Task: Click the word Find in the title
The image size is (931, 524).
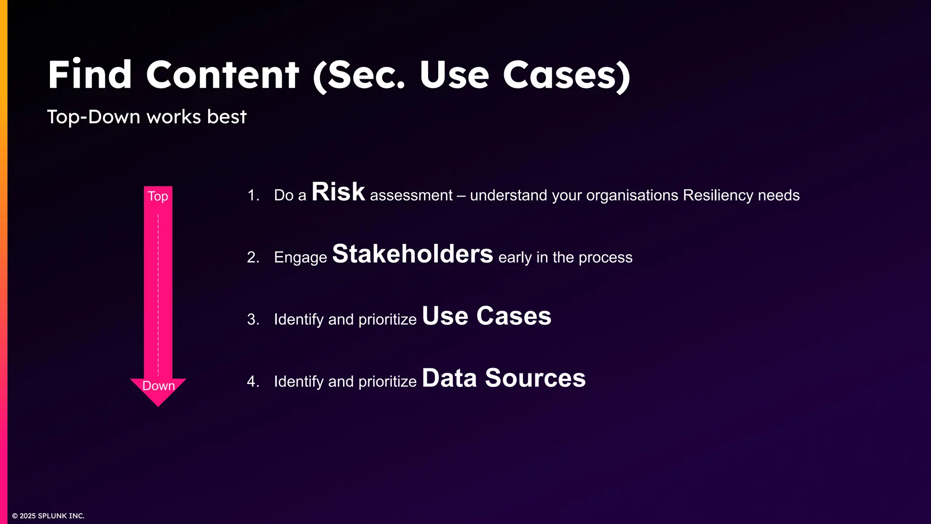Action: [90, 75]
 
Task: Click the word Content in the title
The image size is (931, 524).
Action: [222, 75]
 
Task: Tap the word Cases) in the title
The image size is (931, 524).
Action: [566, 75]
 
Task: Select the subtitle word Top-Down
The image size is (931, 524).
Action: [94, 117]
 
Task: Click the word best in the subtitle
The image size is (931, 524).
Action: [226, 117]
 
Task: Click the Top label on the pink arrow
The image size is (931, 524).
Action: [158, 196]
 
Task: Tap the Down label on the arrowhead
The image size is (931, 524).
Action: [158, 386]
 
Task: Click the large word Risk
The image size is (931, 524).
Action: [338, 192]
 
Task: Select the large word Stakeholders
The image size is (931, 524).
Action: [412, 254]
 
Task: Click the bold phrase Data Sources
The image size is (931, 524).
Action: [504, 378]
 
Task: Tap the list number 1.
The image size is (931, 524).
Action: [253, 196]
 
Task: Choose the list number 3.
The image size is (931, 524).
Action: [253, 319]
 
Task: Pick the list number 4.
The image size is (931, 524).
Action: [253, 381]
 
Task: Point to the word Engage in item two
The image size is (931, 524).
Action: [300, 257]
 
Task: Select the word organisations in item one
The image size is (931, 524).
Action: [632, 196]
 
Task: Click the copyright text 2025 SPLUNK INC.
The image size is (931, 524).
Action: [51, 516]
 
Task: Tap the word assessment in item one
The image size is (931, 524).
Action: [411, 196]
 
